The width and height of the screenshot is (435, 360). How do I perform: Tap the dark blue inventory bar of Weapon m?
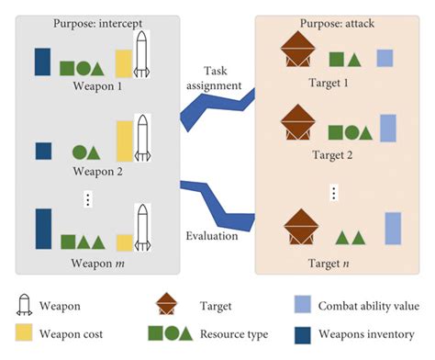[42, 230]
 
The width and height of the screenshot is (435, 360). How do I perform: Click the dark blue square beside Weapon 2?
[42, 151]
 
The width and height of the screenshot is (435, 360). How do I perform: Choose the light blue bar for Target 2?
[386, 130]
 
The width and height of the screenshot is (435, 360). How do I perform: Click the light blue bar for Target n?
[394, 229]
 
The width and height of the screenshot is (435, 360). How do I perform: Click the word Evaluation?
[213, 235]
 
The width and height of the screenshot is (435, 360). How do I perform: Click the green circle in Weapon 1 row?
[84, 67]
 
